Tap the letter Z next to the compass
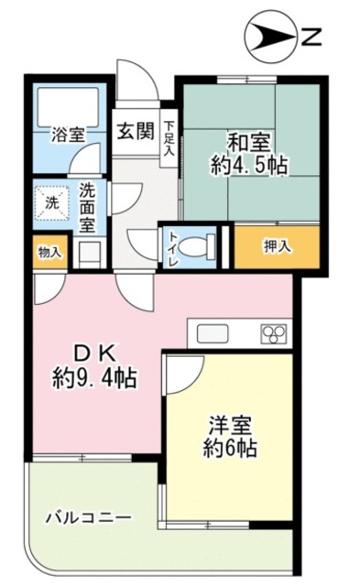pyautogui.click(x=311, y=38)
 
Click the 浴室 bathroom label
pyautogui.click(x=68, y=133)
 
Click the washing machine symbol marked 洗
pyautogui.click(x=50, y=201)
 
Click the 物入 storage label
pyautogui.click(x=50, y=252)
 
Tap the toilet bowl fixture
pyautogui.click(x=195, y=245)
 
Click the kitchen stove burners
pyautogui.click(x=274, y=334)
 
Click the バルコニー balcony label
pyautogui.click(x=88, y=518)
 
